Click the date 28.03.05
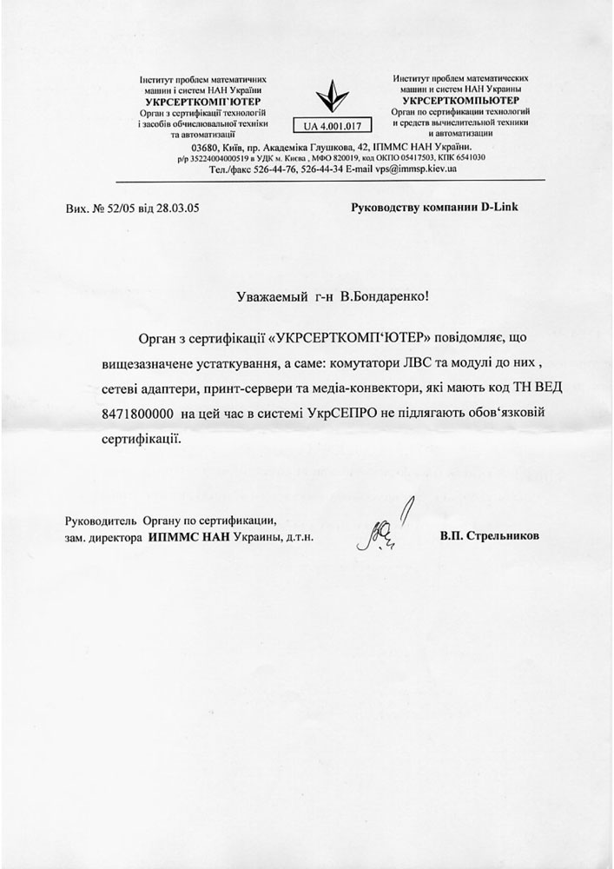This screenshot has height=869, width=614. click(178, 209)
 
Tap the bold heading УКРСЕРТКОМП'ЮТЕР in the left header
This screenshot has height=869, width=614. click(201, 101)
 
